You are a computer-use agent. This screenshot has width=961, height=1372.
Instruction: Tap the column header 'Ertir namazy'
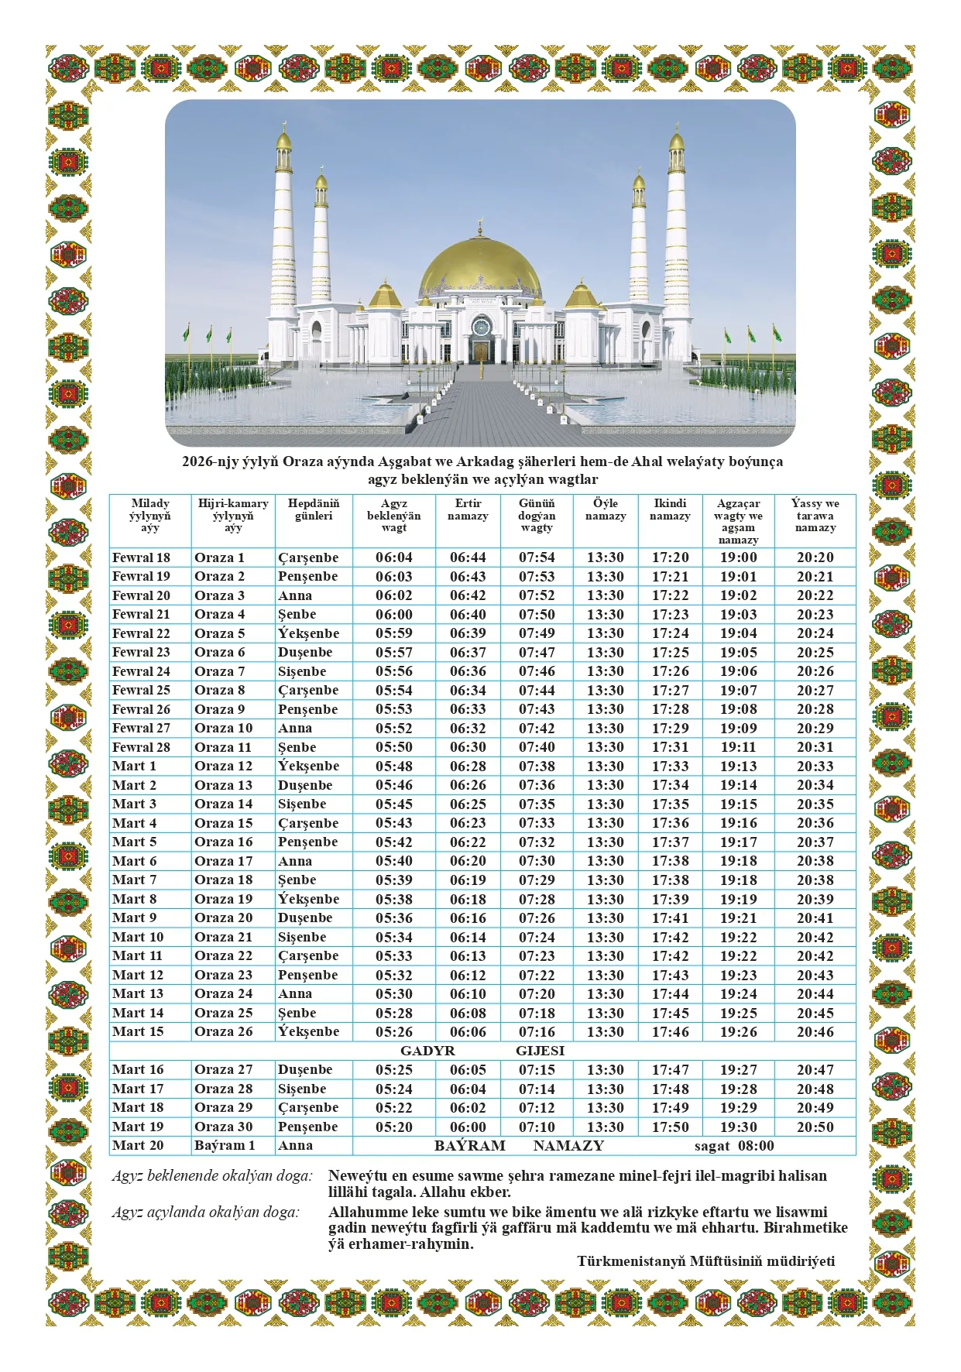[468, 509]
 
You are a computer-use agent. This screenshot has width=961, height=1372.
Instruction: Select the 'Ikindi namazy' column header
[670, 509]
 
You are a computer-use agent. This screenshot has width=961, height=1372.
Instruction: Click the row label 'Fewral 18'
[141, 557]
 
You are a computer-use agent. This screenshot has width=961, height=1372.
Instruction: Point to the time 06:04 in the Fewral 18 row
[394, 557]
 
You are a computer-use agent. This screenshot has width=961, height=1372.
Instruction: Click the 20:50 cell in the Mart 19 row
[815, 1127]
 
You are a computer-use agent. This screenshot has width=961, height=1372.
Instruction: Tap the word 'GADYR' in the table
[427, 1051]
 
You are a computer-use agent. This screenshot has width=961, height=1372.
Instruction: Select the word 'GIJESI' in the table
[540, 1051]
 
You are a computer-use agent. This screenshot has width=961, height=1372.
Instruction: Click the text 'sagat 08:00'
[733, 1146]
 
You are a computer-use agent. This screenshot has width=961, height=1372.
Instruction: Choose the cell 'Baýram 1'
[225, 1146]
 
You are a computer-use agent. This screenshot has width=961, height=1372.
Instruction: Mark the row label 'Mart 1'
[134, 766]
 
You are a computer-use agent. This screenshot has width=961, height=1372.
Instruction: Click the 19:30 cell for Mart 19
[738, 1127]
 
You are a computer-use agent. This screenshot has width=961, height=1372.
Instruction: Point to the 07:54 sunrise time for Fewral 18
[537, 557]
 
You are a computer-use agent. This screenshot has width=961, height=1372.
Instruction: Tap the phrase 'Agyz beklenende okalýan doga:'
[212, 1176]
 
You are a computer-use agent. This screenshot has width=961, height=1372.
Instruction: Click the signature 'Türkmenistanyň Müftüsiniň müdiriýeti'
[705, 1261]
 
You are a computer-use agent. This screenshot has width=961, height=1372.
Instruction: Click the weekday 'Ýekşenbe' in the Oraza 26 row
[308, 1031]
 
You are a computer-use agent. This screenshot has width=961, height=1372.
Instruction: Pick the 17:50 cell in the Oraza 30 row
[670, 1127]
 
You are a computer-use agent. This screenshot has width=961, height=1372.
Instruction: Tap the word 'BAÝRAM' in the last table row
[469, 1146]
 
